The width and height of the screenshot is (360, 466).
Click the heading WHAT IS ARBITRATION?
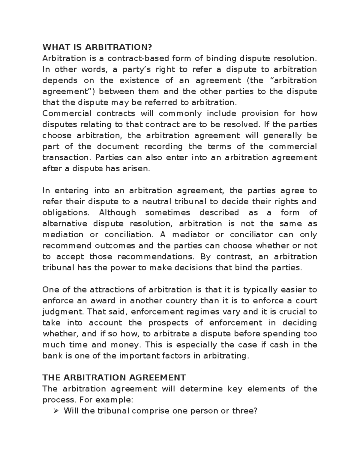(97, 47)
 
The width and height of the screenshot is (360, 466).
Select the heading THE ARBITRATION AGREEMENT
(114, 377)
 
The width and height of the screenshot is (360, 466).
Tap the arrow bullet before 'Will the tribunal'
(55, 411)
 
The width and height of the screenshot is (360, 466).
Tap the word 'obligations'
(66, 213)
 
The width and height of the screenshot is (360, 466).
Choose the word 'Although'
(117, 213)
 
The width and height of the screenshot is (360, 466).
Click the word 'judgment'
(64, 312)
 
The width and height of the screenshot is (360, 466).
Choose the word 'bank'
(52, 356)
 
